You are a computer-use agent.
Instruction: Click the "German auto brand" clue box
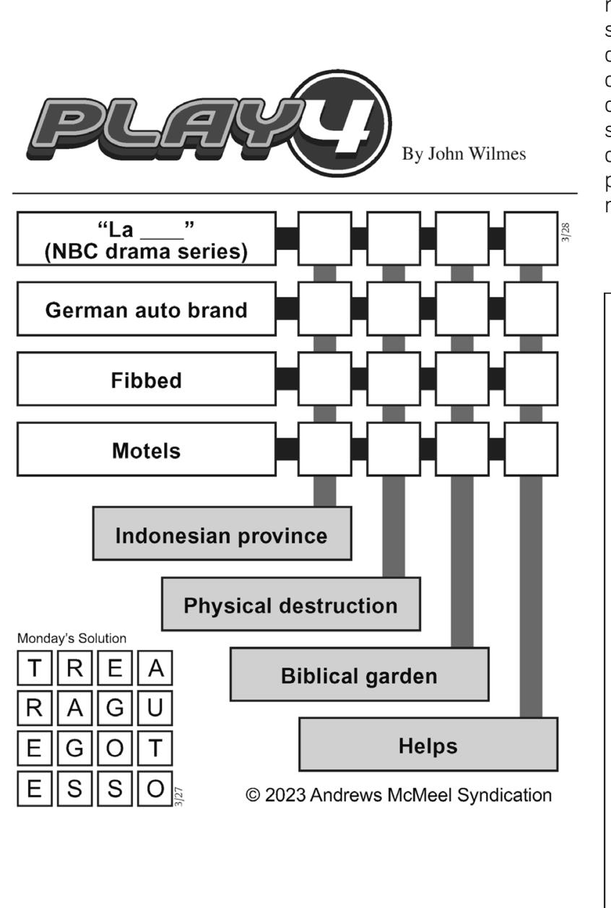pos(146,309)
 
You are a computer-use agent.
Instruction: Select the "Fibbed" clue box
pos(146,379)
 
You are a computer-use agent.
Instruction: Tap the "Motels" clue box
pos(146,449)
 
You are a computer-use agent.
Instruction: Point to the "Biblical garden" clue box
pos(359,675)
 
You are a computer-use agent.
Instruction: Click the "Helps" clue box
pos(428,745)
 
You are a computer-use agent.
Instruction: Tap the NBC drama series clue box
pos(146,239)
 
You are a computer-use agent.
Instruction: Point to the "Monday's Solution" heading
pos(71,639)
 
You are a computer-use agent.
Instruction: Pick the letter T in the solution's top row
pos(34,669)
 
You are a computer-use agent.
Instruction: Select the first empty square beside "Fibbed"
pos(324,379)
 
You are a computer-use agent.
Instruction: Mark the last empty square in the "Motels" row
pos(531,449)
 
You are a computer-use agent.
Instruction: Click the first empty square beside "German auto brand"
pos(324,309)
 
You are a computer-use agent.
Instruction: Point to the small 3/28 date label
pos(565,233)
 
